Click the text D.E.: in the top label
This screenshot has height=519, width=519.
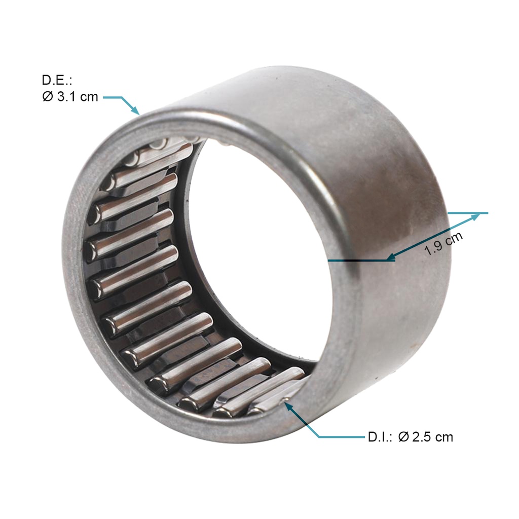[x=57, y=80]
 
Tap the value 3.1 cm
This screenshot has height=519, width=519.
[x=78, y=97]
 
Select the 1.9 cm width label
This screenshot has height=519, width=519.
[x=443, y=244]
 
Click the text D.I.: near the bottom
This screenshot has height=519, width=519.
[x=380, y=437]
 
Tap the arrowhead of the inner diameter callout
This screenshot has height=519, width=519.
[x=288, y=406]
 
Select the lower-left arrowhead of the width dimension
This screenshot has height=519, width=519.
[x=391, y=257]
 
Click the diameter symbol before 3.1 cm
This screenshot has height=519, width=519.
[x=48, y=97]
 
